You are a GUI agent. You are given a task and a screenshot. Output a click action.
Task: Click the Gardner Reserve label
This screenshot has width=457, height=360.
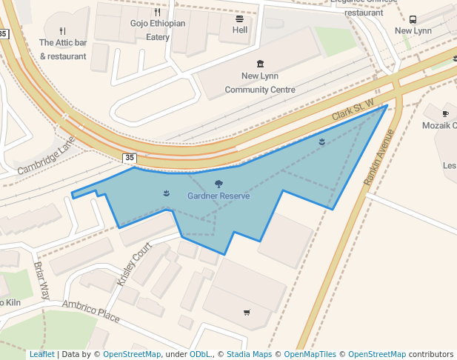point(219,196)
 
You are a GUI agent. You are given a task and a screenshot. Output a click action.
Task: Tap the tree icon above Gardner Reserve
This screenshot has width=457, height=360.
point(219,184)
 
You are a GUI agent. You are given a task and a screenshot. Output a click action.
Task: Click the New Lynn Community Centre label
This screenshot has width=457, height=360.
point(259,83)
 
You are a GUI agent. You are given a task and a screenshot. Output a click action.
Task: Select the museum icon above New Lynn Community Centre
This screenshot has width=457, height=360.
point(259,64)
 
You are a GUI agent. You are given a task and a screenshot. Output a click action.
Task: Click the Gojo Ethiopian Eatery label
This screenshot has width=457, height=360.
point(158,30)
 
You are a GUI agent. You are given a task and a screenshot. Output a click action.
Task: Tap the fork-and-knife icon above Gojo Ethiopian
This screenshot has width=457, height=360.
point(158,12)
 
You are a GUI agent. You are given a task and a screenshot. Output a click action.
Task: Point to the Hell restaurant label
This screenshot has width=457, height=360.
point(240,30)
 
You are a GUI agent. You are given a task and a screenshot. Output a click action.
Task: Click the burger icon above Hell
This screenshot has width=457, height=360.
point(240,19)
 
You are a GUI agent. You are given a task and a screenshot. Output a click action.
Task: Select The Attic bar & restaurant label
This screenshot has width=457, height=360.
point(63,49)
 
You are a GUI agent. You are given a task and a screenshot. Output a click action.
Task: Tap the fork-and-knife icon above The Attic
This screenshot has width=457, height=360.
point(63,31)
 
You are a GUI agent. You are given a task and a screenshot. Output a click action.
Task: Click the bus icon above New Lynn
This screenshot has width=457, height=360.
point(413,19)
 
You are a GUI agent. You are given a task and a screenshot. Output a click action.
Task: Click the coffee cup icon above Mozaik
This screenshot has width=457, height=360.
point(445,113)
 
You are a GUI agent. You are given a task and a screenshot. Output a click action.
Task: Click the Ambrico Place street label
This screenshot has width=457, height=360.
point(90,311)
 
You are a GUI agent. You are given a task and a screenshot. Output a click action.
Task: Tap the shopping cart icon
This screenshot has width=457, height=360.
point(247,313)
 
